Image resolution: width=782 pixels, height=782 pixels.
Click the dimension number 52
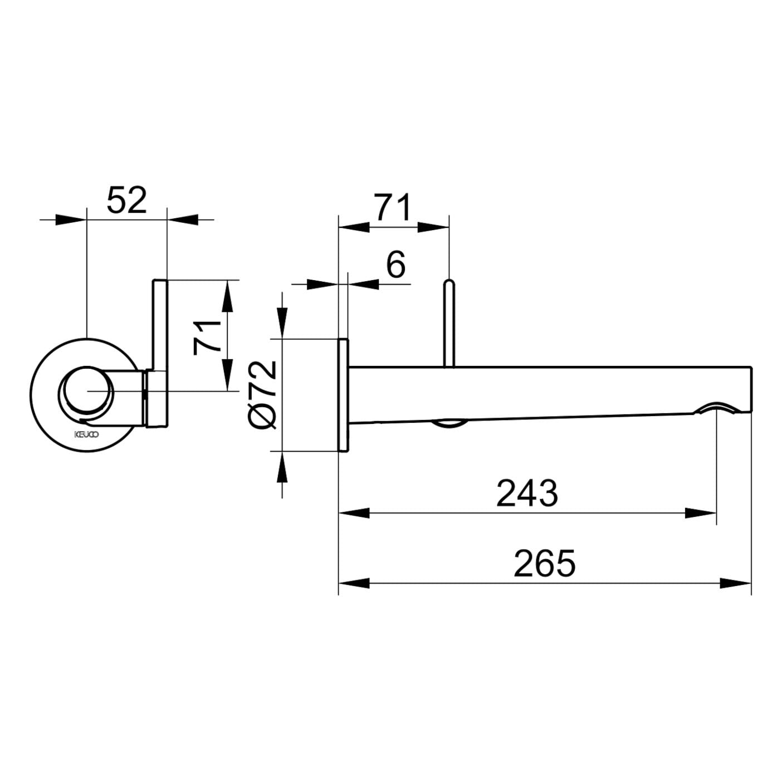[126, 200]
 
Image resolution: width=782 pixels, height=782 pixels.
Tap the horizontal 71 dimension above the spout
[393, 207]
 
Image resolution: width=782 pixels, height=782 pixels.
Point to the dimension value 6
[395, 265]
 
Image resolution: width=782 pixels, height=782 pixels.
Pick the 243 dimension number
[527, 493]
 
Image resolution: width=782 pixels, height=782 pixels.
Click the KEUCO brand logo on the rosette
[86, 434]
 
